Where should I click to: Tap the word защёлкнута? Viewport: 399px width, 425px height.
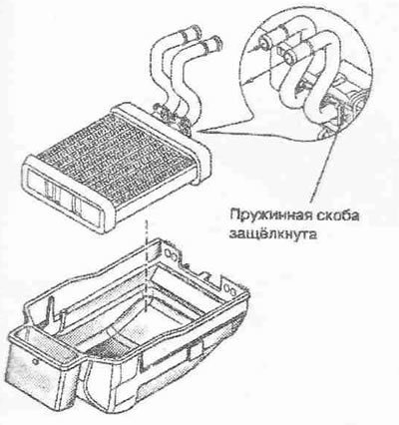point(272,234)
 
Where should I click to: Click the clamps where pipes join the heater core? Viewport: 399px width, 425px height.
point(172,118)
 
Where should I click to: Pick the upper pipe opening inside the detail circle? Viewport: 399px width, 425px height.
point(265,42)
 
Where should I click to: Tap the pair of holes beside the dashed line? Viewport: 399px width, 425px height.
point(171,255)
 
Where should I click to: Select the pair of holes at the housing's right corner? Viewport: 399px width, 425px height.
point(230,287)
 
